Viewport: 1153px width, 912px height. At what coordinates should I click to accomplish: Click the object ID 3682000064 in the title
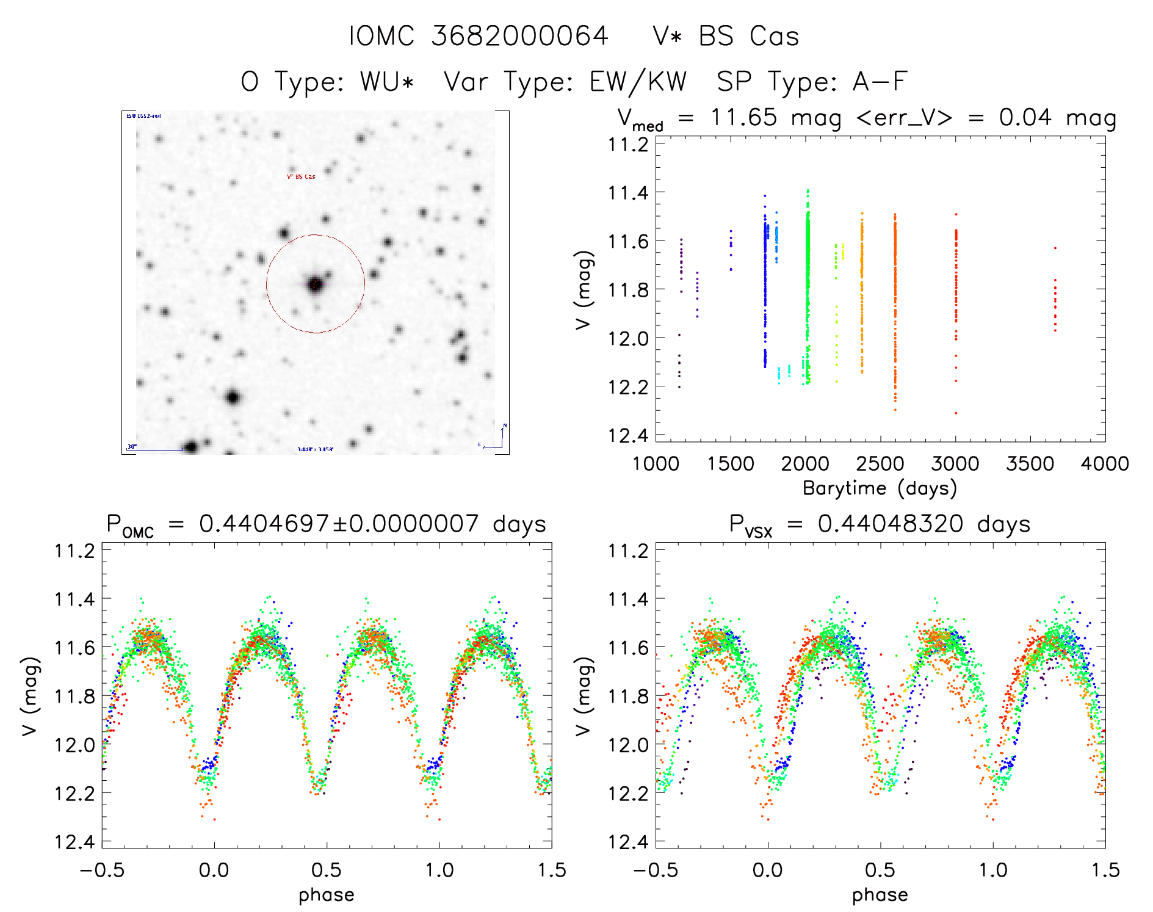pyautogui.click(x=519, y=36)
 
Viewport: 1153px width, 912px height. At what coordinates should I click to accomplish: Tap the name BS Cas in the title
pyautogui.click(x=748, y=36)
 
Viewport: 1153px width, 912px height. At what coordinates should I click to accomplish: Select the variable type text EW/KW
pyautogui.click(x=638, y=82)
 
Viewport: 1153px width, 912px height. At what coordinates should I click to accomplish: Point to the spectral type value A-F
pyautogui.click(x=880, y=82)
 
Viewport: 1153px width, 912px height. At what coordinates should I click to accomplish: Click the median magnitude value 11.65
pyautogui.click(x=743, y=117)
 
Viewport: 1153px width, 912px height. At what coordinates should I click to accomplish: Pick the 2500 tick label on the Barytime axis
pyautogui.click(x=880, y=464)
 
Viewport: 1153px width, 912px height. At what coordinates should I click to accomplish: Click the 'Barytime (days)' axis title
pyautogui.click(x=880, y=488)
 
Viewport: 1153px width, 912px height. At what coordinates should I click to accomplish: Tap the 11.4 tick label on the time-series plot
pyautogui.click(x=628, y=193)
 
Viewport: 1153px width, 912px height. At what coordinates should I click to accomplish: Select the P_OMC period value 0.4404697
pyautogui.click(x=264, y=524)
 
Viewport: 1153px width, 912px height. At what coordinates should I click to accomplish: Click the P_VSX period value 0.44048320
pyautogui.click(x=891, y=524)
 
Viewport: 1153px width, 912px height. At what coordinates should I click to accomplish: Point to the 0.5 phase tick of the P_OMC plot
pyautogui.click(x=327, y=870)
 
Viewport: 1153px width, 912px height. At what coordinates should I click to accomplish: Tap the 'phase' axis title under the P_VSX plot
pyautogui.click(x=880, y=895)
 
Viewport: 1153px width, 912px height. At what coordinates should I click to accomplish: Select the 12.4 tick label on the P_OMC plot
pyautogui.click(x=74, y=842)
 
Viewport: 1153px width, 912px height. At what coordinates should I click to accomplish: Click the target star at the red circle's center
pyautogui.click(x=316, y=284)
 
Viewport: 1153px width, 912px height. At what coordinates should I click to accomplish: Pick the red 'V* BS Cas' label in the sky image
pyautogui.click(x=301, y=177)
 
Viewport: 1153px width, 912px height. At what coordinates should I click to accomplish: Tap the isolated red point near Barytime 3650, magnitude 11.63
pyautogui.click(x=1055, y=248)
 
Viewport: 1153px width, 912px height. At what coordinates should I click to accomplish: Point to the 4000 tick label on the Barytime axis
pyautogui.click(x=1105, y=464)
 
